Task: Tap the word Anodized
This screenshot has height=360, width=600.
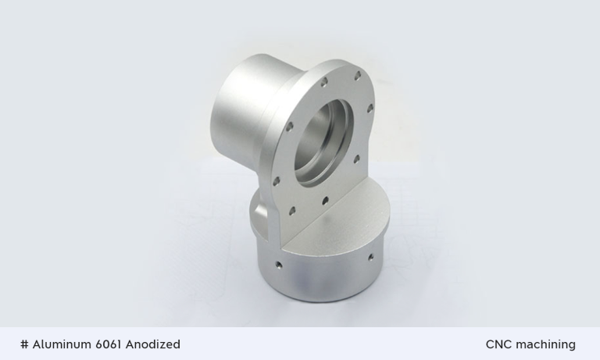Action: (153, 344)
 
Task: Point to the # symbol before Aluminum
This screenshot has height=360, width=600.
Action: (25, 344)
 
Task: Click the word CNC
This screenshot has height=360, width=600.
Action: (499, 344)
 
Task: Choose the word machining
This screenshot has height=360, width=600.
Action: (546, 344)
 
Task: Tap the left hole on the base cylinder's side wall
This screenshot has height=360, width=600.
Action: (278, 265)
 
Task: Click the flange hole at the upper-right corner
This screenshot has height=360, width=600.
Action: (359, 76)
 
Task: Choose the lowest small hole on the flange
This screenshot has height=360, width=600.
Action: (292, 209)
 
